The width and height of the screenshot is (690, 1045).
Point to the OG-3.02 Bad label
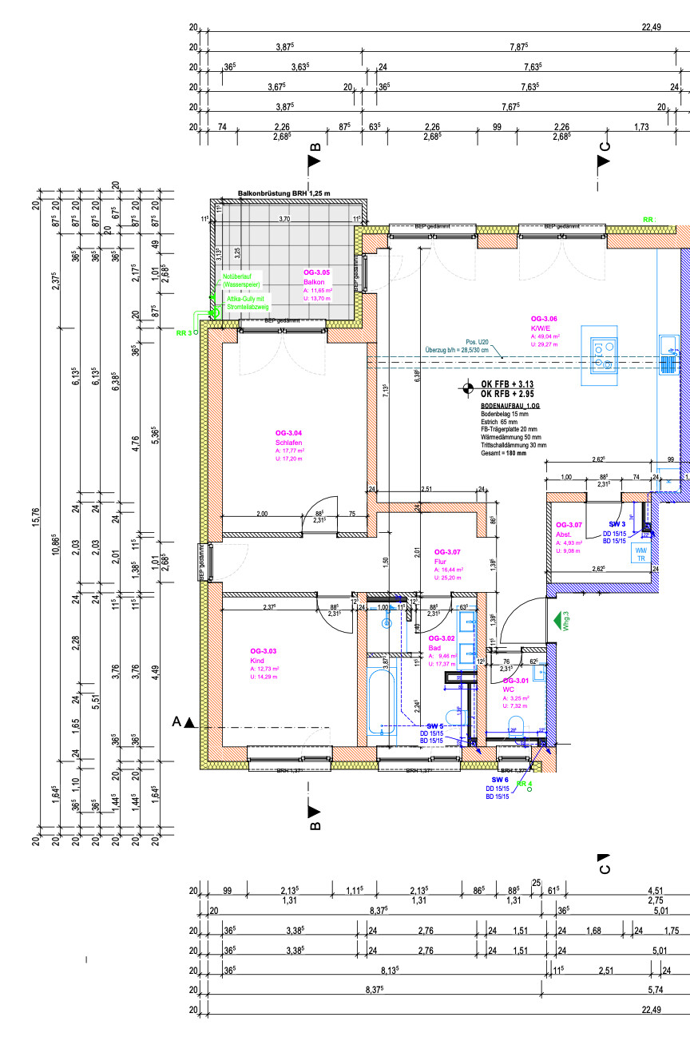(x=442, y=638)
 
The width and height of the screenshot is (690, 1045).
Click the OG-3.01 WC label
(x=514, y=681)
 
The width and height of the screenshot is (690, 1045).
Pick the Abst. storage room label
(x=570, y=525)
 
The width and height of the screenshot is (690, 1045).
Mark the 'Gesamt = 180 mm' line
(x=504, y=453)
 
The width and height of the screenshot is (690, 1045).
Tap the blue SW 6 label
(x=500, y=779)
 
